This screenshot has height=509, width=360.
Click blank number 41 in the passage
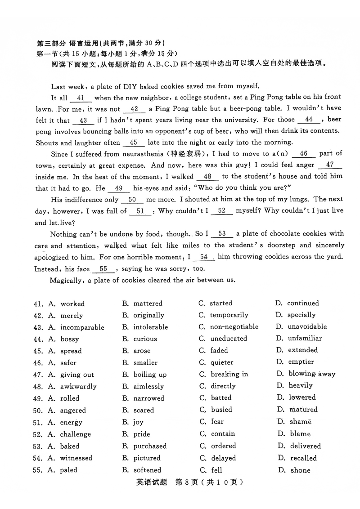tap(81, 98)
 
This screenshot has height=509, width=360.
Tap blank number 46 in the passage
tap(304, 154)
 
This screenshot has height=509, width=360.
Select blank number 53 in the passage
tap(222, 234)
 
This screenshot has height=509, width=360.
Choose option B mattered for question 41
tap(148, 304)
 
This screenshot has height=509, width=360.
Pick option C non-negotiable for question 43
tap(234, 327)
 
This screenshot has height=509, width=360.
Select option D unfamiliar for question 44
tap(305, 339)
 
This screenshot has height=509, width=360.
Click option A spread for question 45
tap(71, 351)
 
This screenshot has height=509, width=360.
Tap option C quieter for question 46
tap(222, 362)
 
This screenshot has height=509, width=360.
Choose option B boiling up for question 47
tap(150, 375)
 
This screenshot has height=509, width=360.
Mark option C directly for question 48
tap(223, 386)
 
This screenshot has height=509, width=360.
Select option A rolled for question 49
tap(70, 398)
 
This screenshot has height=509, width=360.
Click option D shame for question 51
tap(300, 422)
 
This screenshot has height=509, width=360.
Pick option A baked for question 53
tap(70, 446)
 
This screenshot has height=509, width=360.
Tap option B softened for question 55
tap(147, 470)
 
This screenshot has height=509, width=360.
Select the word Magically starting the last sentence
tap(67, 280)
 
